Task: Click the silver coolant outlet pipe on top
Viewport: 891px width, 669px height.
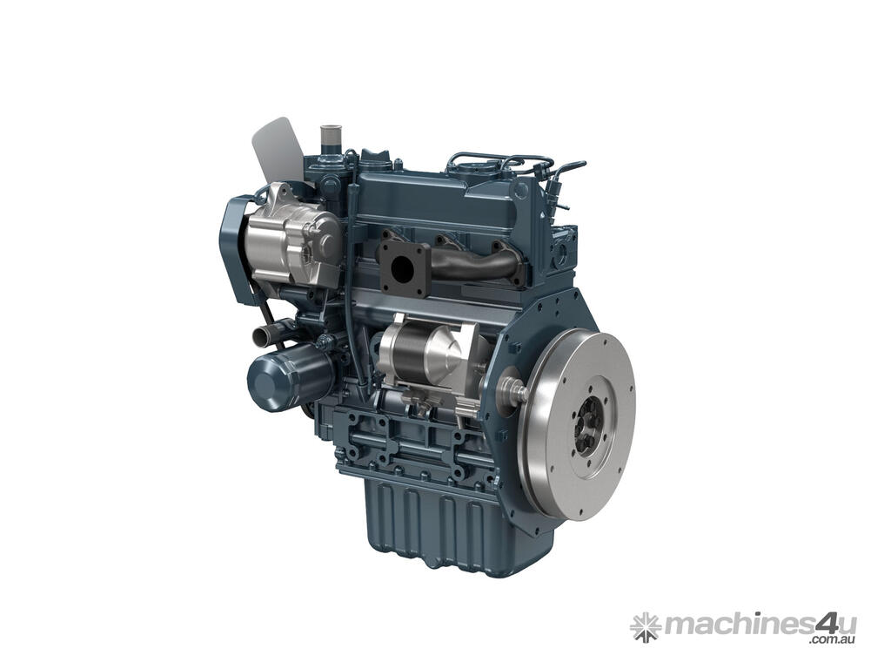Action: point(329,137)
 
